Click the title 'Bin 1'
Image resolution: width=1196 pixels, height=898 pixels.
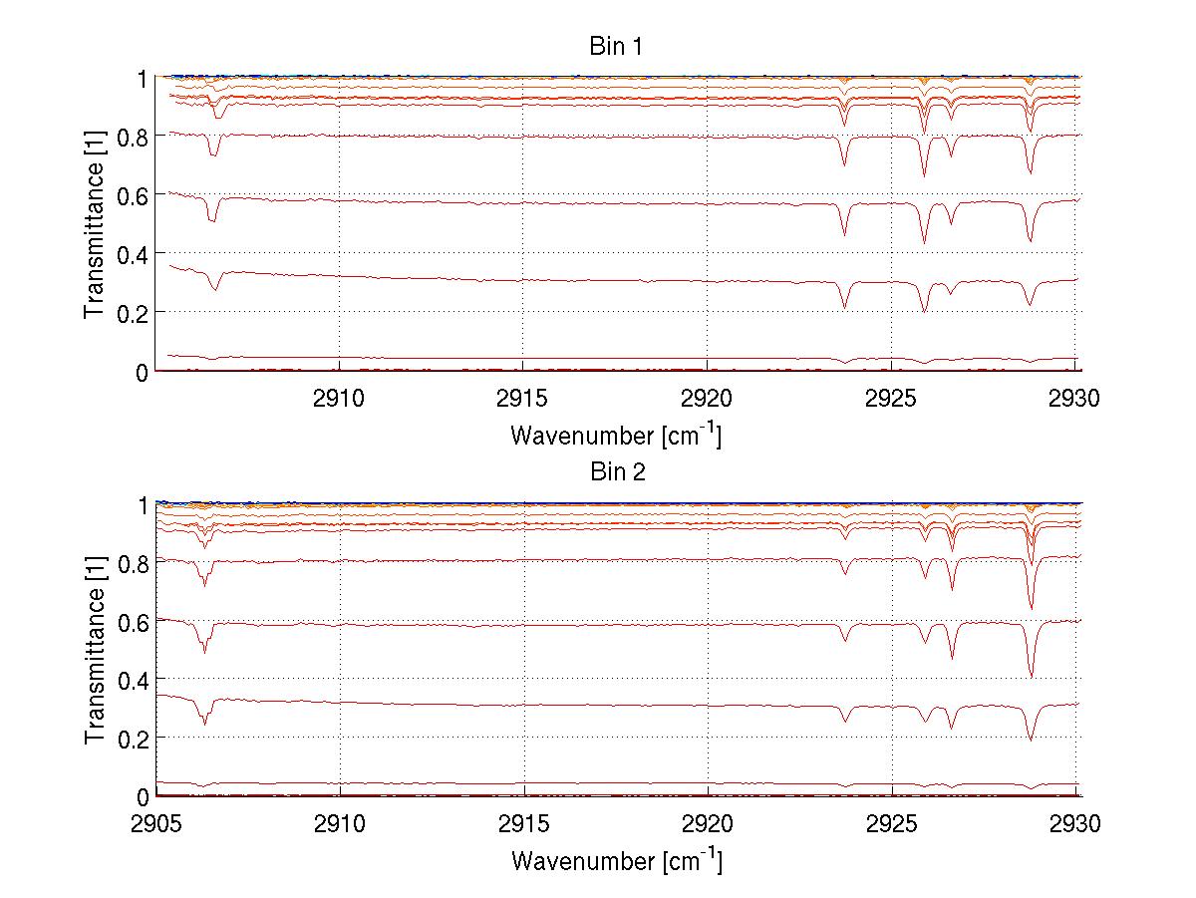[x=617, y=46]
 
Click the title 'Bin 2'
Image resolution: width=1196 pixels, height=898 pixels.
[x=617, y=472]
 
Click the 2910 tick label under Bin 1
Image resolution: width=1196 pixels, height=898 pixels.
[x=340, y=398]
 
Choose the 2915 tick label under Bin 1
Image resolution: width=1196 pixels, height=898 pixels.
[x=524, y=398]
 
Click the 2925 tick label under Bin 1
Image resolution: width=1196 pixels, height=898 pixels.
[x=892, y=398]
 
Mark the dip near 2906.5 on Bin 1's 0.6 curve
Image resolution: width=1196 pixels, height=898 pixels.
[x=211, y=219]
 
